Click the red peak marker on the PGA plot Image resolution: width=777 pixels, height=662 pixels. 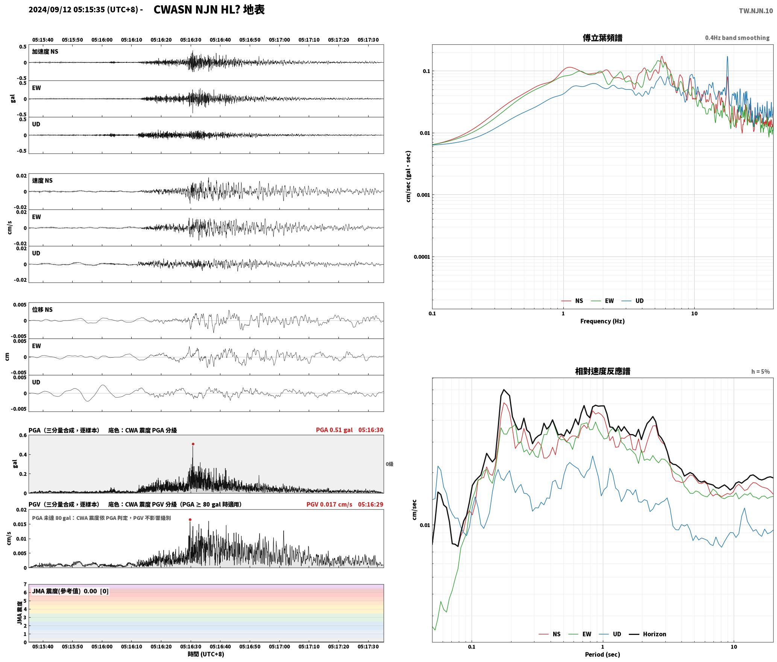click(x=193, y=444)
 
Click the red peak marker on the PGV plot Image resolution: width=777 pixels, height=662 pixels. click(x=190, y=520)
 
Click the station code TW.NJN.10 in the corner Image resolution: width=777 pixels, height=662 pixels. click(x=756, y=11)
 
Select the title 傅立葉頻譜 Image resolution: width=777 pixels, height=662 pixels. click(x=602, y=38)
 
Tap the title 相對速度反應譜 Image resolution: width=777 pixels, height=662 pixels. click(x=602, y=371)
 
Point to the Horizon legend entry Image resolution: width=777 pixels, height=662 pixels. click(x=648, y=634)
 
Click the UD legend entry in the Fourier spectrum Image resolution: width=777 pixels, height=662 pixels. click(x=633, y=301)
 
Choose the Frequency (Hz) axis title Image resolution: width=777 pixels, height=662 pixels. click(x=602, y=321)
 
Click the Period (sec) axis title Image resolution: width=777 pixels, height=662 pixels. click(x=602, y=654)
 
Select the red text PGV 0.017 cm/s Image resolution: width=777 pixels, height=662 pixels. click(x=329, y=504)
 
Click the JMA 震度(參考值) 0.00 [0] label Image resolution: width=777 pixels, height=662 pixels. click(x=70, y=591)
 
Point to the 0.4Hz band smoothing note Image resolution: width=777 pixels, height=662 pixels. click(x=737, y=38)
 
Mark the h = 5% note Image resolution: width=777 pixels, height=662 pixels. click(x=760, y=372)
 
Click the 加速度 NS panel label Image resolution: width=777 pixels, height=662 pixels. click(x=45, y=52)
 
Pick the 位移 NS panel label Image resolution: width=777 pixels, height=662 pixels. click(x=42, y=310)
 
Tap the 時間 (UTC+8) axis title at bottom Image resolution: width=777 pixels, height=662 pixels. click(x=206, y=654)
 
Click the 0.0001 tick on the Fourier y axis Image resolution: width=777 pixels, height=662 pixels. click(x=422, y=257)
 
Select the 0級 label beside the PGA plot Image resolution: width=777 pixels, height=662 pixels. click(x=389, y=464)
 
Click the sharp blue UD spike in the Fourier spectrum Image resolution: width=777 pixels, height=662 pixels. click(x=727, y=57)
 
